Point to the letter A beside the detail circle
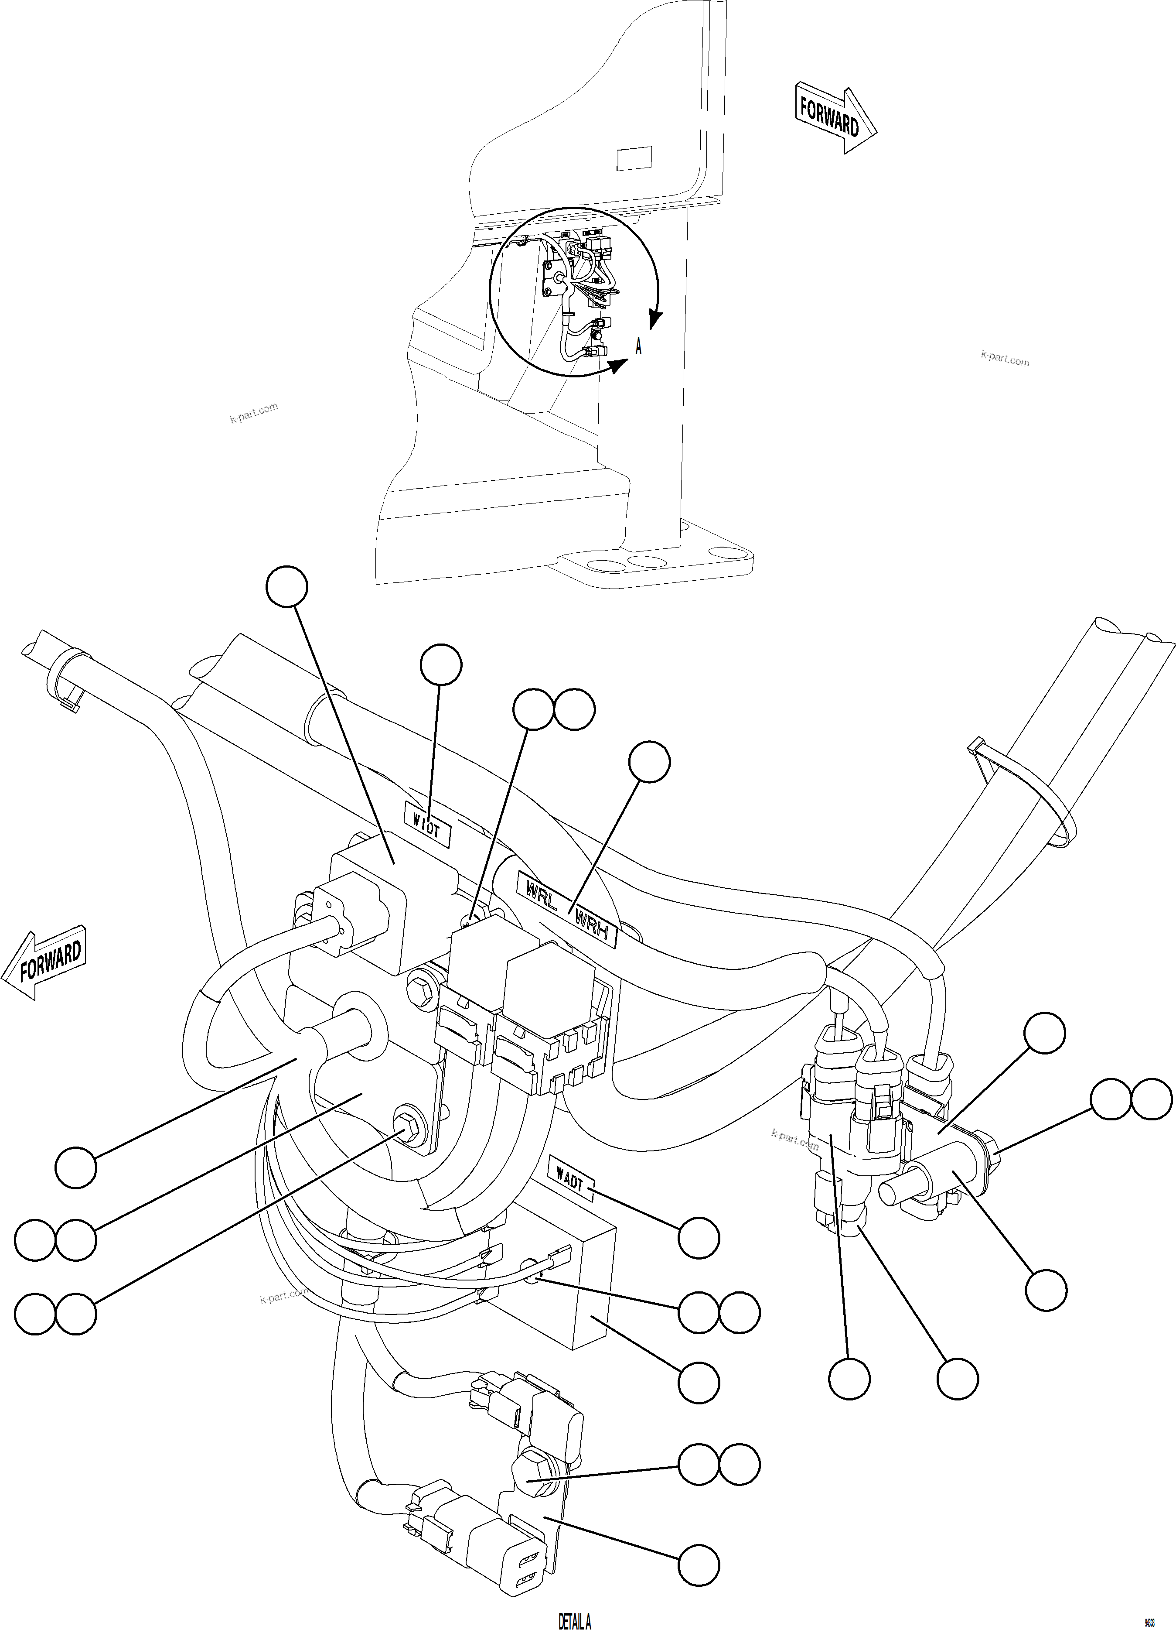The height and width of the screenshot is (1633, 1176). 637,347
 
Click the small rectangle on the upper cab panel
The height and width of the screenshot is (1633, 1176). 634,158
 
